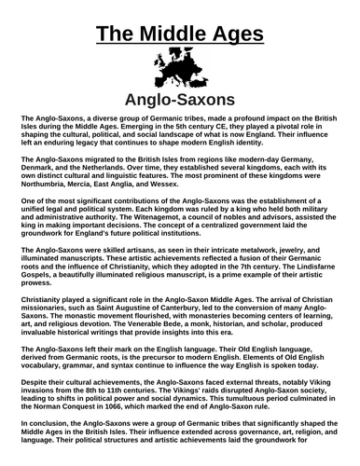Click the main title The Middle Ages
click(179, 21)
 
